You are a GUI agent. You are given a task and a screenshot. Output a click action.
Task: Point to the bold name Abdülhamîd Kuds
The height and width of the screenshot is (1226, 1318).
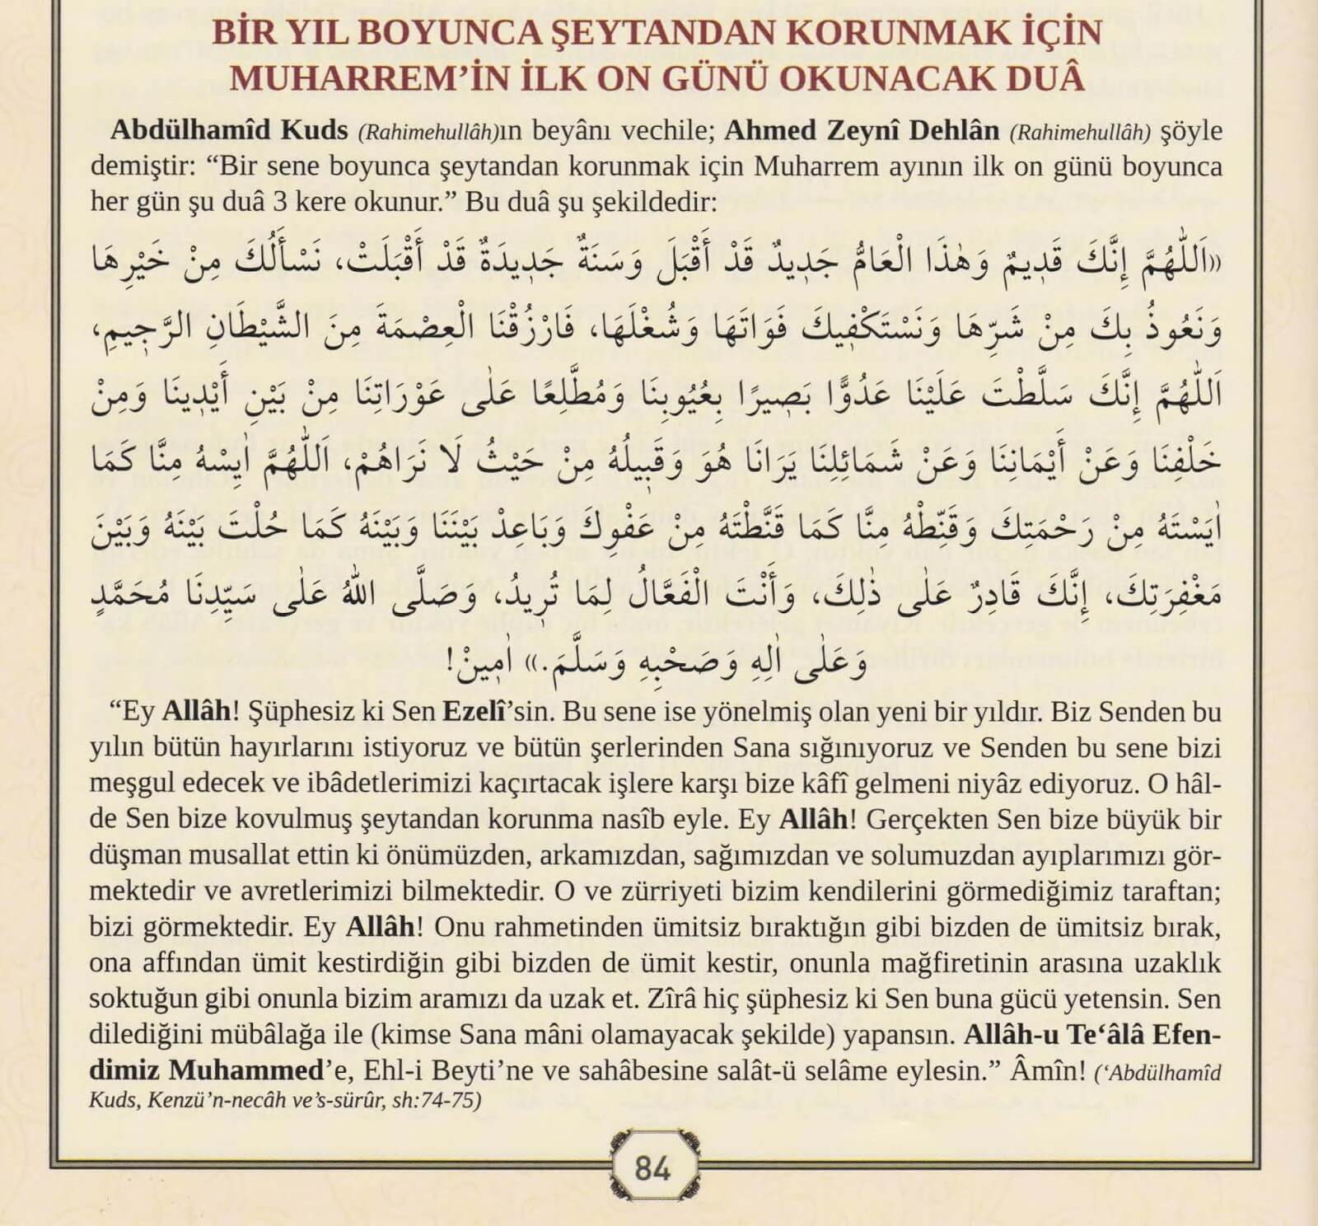coord(231,130)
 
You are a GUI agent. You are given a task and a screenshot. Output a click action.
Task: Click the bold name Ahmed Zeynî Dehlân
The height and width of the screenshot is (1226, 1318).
coord(862,130)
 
